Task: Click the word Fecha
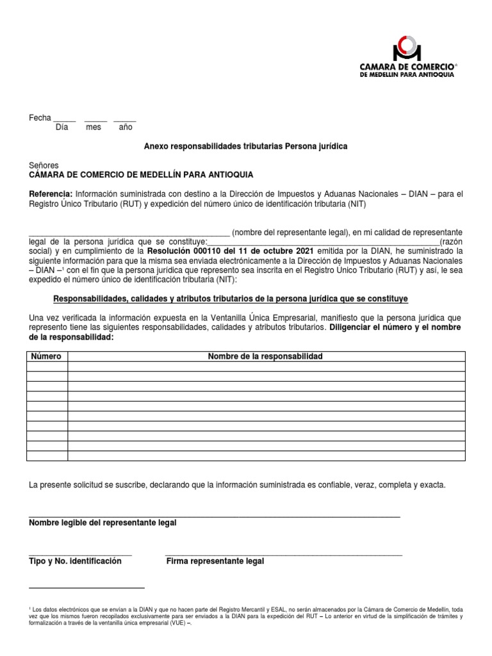(x=40, y=118)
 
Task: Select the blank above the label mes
(x=95, y=120)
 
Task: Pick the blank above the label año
(x=125, y=120)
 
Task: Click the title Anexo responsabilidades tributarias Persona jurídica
(x=245, y=147)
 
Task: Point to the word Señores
(x=44, y=165)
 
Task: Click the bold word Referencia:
(x=51, y=193)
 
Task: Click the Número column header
(x=47, y=356)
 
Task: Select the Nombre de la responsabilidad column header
(x=265, y=356)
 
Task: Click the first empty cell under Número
(x=47, y=366)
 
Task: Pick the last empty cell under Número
(x=47, y=455)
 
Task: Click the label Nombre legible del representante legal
(x=102, y=523)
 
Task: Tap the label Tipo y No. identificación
(x=75, y=561)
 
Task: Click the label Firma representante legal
(x=215, y=561)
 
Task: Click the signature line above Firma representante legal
(x=283, y=553)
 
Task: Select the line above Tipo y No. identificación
(x=80, y=553)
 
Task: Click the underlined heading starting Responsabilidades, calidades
(x=230, y=299)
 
